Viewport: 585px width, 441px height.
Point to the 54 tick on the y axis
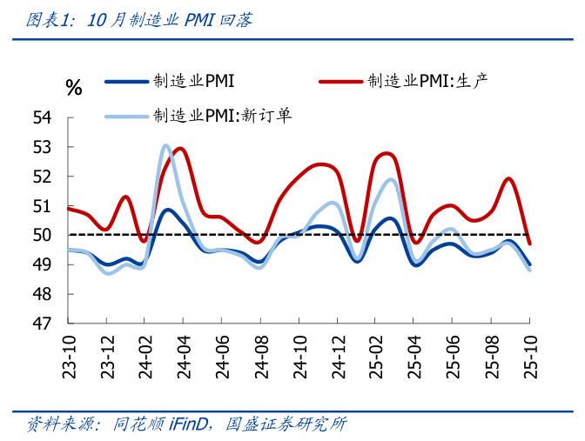tap(42, 117)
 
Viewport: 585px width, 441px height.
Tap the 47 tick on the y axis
tap(42, 324)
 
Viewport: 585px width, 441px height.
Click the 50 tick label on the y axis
tap(42, 235)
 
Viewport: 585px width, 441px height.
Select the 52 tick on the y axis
tap(42, 177)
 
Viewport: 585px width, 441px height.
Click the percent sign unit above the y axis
tap(74, 87)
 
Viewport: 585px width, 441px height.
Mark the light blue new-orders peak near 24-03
tap(165, 145)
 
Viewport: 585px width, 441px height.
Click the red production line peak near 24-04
tap(180, 149)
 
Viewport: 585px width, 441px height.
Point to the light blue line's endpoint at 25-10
tap(530, 270)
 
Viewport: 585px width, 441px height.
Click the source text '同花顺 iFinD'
tap(152, 424)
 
